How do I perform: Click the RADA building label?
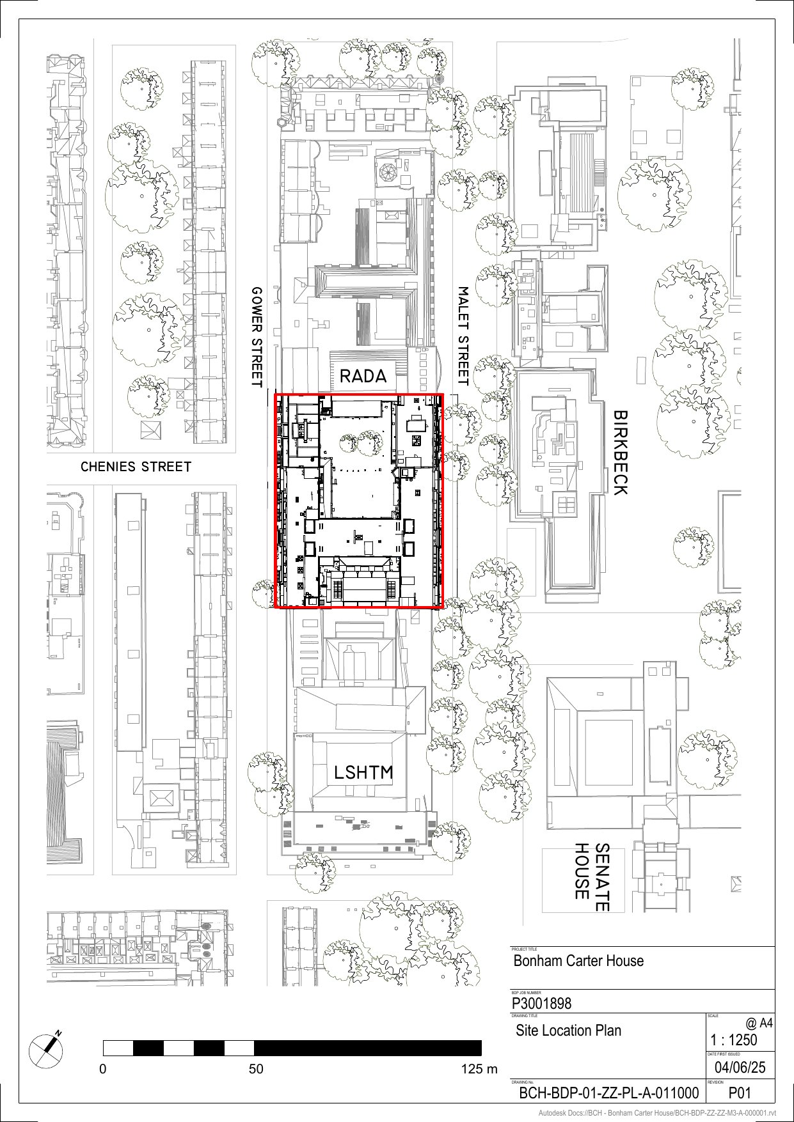[x=363, y=376]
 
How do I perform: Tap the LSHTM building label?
[x=363, y=772]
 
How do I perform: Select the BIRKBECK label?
[x=620, y=453]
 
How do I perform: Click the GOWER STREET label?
[x=257, y=337]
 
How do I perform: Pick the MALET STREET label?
[x=463, y=336]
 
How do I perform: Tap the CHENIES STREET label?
[x=136, y=467]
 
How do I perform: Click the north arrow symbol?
[x=47, y=1050]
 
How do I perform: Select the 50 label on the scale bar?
[x=256, y=1069]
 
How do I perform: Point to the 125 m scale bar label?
[x=479, y=1069]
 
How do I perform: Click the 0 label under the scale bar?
[x=102, y=1069]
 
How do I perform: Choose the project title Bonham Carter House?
[x=578, y=961]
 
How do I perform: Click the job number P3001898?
[x=542, y=1003]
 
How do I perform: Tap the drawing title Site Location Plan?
[x=568, y=1030]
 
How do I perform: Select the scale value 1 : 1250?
[x=733, y=1040]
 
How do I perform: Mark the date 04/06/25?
[x=740, y=1067]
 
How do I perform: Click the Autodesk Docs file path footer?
[x=657, y=1113]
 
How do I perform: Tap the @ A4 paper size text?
[x=759, y=1024]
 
